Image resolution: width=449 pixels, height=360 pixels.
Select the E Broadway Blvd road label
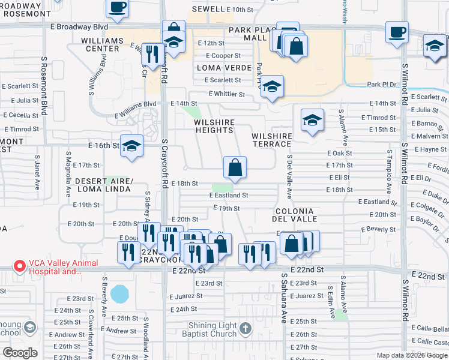79,27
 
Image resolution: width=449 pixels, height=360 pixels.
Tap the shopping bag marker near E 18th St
235,168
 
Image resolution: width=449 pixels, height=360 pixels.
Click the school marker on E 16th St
131,146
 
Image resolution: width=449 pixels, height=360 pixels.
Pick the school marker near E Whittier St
272,86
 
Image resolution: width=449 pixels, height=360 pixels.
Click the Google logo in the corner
20,353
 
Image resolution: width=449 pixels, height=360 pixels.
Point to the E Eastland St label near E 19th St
229,196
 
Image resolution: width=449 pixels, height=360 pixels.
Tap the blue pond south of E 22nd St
119,293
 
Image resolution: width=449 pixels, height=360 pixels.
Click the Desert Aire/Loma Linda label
103,185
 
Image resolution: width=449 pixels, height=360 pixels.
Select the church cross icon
245,328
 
